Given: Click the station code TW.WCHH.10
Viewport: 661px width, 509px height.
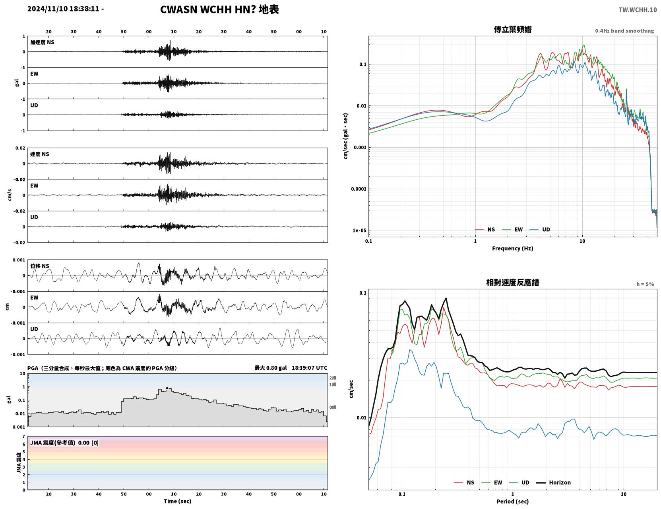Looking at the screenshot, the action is click(x=637, y=10).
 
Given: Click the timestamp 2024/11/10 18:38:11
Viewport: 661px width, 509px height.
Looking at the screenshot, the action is click(x=63, y=8).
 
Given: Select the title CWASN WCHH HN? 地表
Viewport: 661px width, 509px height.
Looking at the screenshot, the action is click(x=219, y=10).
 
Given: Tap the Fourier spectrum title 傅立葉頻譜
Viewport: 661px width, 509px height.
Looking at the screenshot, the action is click(x=512, y=29).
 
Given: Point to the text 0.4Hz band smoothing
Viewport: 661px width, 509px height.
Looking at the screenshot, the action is click(x=624, y=31).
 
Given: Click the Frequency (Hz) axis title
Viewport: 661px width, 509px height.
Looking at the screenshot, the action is click(x=512, y=248).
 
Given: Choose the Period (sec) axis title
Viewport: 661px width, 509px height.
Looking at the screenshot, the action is click(x=512, y=501).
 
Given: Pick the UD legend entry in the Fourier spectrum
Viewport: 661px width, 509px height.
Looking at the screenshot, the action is click(x=540, y=230).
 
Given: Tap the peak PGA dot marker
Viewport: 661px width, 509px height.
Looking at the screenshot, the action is click(x=167, y=388).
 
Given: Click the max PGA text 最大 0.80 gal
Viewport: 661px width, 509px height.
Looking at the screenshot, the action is click(x=270, y=368).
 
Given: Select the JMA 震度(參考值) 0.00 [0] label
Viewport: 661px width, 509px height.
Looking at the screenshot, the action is click(x=64, y=443).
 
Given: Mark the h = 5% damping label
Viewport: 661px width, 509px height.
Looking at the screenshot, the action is click(x=645, y=284).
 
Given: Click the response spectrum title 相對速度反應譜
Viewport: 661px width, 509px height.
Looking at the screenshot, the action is click(x=512, y=283).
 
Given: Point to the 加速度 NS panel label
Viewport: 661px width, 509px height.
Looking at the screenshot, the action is click(x=42, y=42).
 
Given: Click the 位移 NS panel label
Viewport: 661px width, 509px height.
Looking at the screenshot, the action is click(x=39, y=266).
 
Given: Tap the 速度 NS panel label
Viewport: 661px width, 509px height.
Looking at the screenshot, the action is click(x=39, y=154).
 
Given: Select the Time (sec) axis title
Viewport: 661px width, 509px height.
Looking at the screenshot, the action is click(x=177, y=501).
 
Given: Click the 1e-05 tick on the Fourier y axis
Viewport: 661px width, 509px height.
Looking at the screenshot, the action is click(x=359, y=230).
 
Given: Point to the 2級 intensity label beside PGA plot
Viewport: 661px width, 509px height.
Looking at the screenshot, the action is click(x=333, y=378).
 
